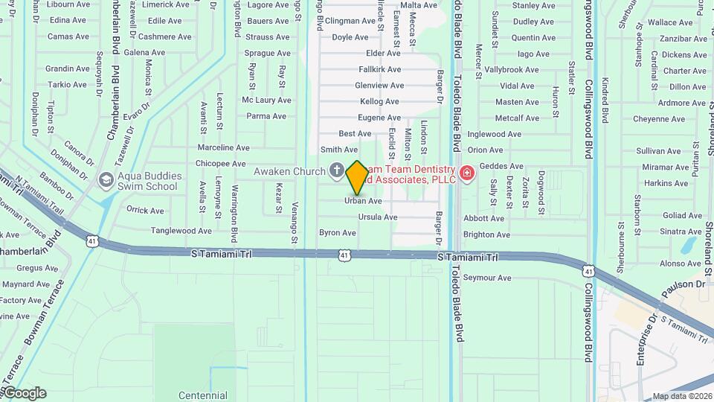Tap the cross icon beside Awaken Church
(x=336, y=171)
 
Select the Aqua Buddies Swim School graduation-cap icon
(x=106, y=179)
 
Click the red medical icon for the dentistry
(x=466, y=173)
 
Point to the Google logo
(x=25, y=393)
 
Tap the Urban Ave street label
(x=363, y=201)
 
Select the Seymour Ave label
(x=487, y=278)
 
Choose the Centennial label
(x=203, y=395)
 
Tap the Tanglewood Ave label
(x=181, y=231)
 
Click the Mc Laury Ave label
(x=266, y=100)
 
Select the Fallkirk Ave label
(x=380, y=69)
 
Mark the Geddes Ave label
(x=501, y=166)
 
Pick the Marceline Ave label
(x=223, y=147)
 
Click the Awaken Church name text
(x=289, y=172)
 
